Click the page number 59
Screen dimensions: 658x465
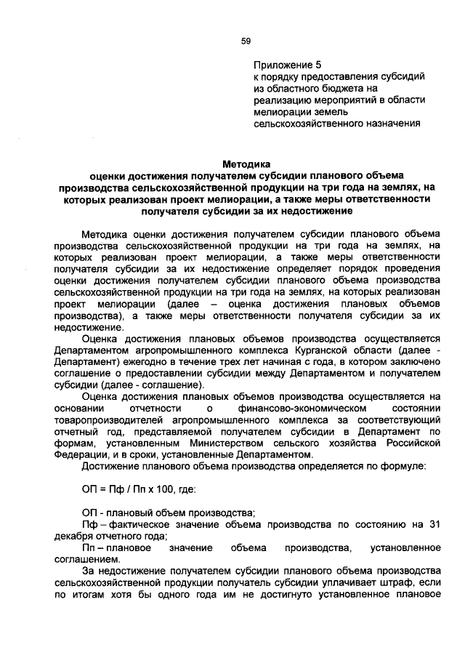pyautogui.click(x=246, y=41)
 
